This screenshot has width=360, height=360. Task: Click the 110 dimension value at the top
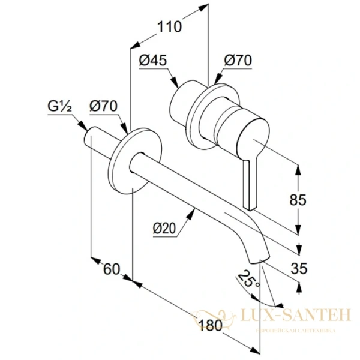[169, 26]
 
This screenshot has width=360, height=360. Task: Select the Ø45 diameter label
[152, 60]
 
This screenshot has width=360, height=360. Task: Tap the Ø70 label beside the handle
[238, 60]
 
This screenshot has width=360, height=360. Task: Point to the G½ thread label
[60, 106]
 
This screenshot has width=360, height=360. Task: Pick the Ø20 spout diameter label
[164, 229]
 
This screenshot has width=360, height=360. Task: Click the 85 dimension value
[313, 199]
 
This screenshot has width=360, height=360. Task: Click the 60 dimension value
[112, 269]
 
